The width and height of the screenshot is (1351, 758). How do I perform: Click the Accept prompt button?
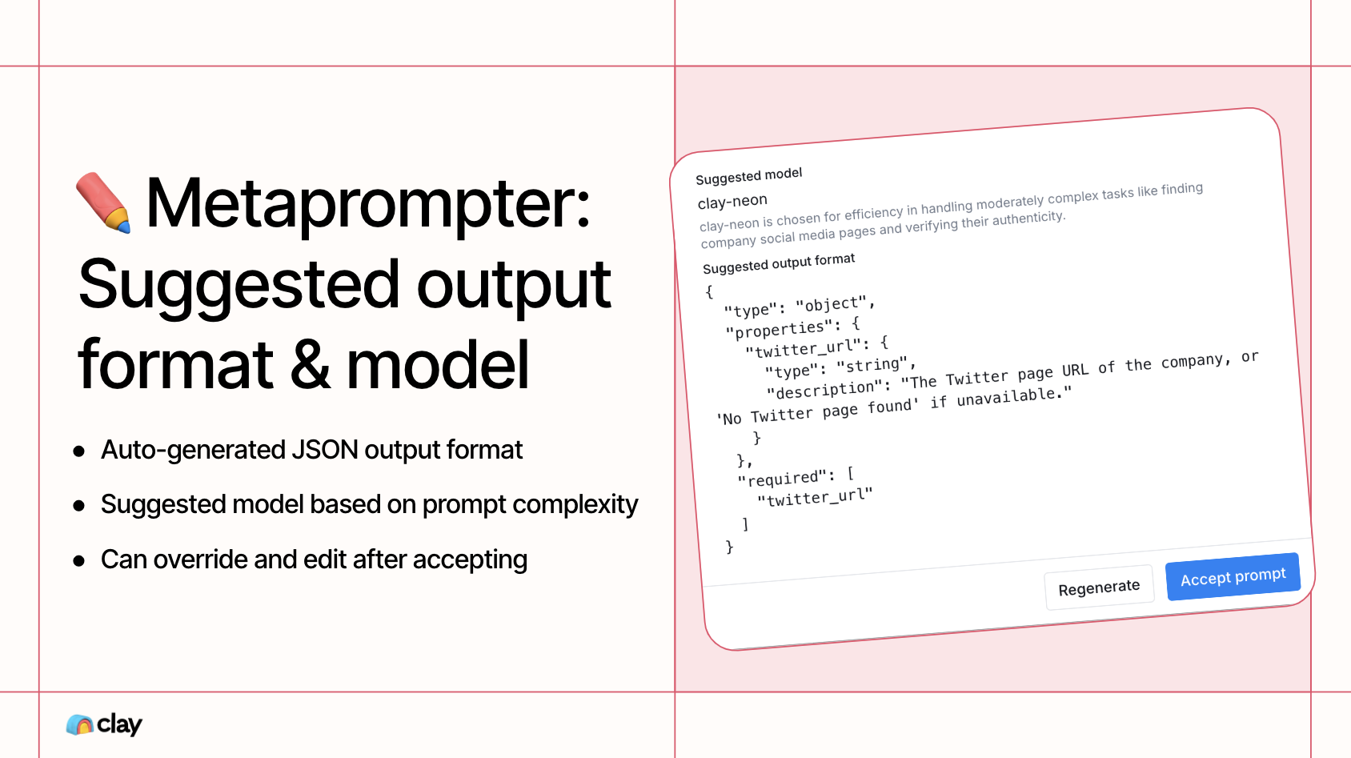[1233, 576]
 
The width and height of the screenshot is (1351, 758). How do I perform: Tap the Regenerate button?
[1099, 588]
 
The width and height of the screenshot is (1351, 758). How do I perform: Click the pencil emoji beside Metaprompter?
[103, 203]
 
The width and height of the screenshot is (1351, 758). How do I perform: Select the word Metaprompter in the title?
[368, 204]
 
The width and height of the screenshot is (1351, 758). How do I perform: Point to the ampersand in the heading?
[310, 364]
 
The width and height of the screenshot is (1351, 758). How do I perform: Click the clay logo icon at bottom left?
[79, 724]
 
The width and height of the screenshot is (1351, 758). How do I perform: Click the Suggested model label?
[748, 176]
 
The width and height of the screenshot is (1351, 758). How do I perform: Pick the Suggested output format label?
[779, 263]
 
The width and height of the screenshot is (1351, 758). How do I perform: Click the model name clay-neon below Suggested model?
[732, 202]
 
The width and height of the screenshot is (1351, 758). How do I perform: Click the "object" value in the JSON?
[831, 304]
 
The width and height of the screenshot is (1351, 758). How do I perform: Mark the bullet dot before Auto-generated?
[78, 451]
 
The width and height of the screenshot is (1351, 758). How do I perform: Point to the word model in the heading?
[437, 364]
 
